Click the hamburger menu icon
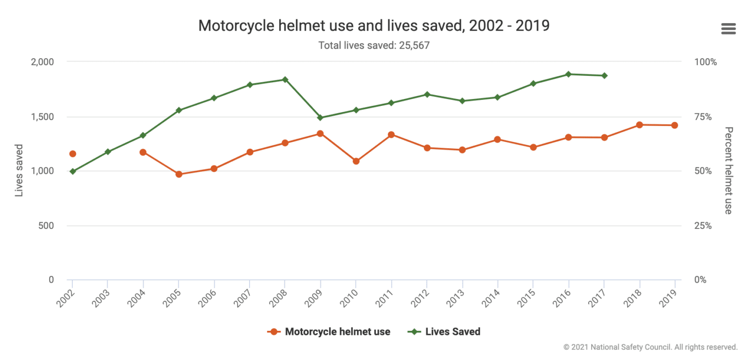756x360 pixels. coord(728,29)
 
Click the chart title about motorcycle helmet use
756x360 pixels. coord(374,26)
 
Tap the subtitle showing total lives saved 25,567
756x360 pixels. coord(374,45)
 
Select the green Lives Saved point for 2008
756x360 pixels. coord(285,79)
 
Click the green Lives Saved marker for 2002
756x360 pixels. coord(73,171)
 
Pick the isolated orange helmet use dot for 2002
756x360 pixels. coord(73,154)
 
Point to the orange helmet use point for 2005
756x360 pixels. coord(179,174)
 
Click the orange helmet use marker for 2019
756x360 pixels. coord(674,125)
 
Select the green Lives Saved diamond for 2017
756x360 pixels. coord(604,75)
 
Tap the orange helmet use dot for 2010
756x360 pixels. coord(356,161)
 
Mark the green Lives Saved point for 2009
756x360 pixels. coord(320,118)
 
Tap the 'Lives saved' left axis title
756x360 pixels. coord(19,170)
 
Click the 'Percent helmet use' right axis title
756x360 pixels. coord(728,170)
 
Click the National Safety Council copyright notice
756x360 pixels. coord(650,347)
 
